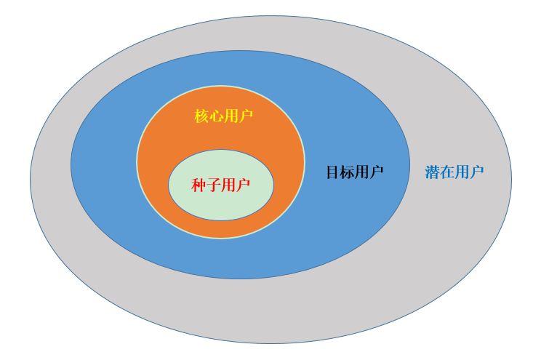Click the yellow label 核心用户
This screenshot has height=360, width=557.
point(224,116)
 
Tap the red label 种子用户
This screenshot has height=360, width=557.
point(220,185)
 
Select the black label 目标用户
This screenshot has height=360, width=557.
point(355,172)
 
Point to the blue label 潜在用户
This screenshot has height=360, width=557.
point(454,172)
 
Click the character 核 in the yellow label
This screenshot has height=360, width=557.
point(201,116)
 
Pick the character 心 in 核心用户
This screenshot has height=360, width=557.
point(217,116)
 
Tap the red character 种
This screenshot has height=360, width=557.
point(199,185)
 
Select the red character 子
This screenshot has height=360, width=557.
point(213,185)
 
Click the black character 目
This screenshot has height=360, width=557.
point(333,172)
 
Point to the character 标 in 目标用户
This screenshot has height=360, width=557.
point(348,172)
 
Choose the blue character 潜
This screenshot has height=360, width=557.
point(432,172)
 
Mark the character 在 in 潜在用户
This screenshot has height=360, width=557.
point(447,172)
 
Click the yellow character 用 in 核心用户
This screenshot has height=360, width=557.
point(231,116)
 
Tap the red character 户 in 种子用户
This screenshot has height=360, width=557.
point(243,185)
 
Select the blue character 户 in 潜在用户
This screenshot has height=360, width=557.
point(477,172)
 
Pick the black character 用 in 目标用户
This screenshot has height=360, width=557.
point(362,172)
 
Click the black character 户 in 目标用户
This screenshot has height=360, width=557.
point(377,172)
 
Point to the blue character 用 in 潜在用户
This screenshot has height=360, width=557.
point(462,172)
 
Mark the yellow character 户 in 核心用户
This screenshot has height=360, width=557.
point(247,116)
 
